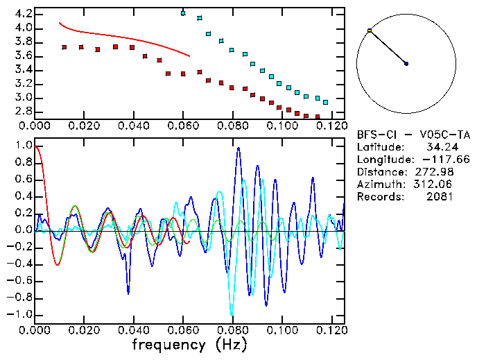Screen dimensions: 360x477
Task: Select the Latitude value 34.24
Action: pos(437,147)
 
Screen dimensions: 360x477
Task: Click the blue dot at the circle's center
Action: pos(406,64)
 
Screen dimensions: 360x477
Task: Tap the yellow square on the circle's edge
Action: pos(370,31)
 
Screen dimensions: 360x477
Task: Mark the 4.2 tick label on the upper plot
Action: pos(22,14)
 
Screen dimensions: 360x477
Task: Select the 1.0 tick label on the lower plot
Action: pos(22,146)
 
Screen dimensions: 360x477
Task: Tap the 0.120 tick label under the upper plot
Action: pos(330,126)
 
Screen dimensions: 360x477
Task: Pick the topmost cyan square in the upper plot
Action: pos(183,13)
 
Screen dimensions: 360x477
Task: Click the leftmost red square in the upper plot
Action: pos(64,47)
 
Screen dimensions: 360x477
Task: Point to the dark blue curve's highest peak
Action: pos(239,148)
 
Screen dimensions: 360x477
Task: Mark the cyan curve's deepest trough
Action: pos(232,314)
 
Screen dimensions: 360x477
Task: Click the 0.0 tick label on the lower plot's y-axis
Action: pos(22,230)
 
